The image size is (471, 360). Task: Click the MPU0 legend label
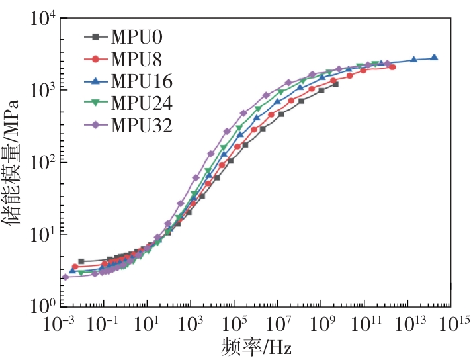137,37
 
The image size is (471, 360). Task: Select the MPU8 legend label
137,59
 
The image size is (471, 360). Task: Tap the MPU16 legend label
142,81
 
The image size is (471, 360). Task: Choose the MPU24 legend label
142,103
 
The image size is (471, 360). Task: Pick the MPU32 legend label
142,125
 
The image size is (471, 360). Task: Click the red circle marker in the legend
95,59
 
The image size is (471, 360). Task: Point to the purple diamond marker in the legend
95,125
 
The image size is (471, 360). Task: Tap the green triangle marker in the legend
95,103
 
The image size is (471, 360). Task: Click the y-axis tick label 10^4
42,18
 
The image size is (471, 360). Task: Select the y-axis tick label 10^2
42,162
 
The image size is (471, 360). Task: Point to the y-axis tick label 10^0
42,306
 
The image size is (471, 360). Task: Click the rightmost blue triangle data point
434,58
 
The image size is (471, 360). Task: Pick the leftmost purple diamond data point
65,277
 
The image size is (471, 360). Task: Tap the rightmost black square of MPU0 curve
335,85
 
